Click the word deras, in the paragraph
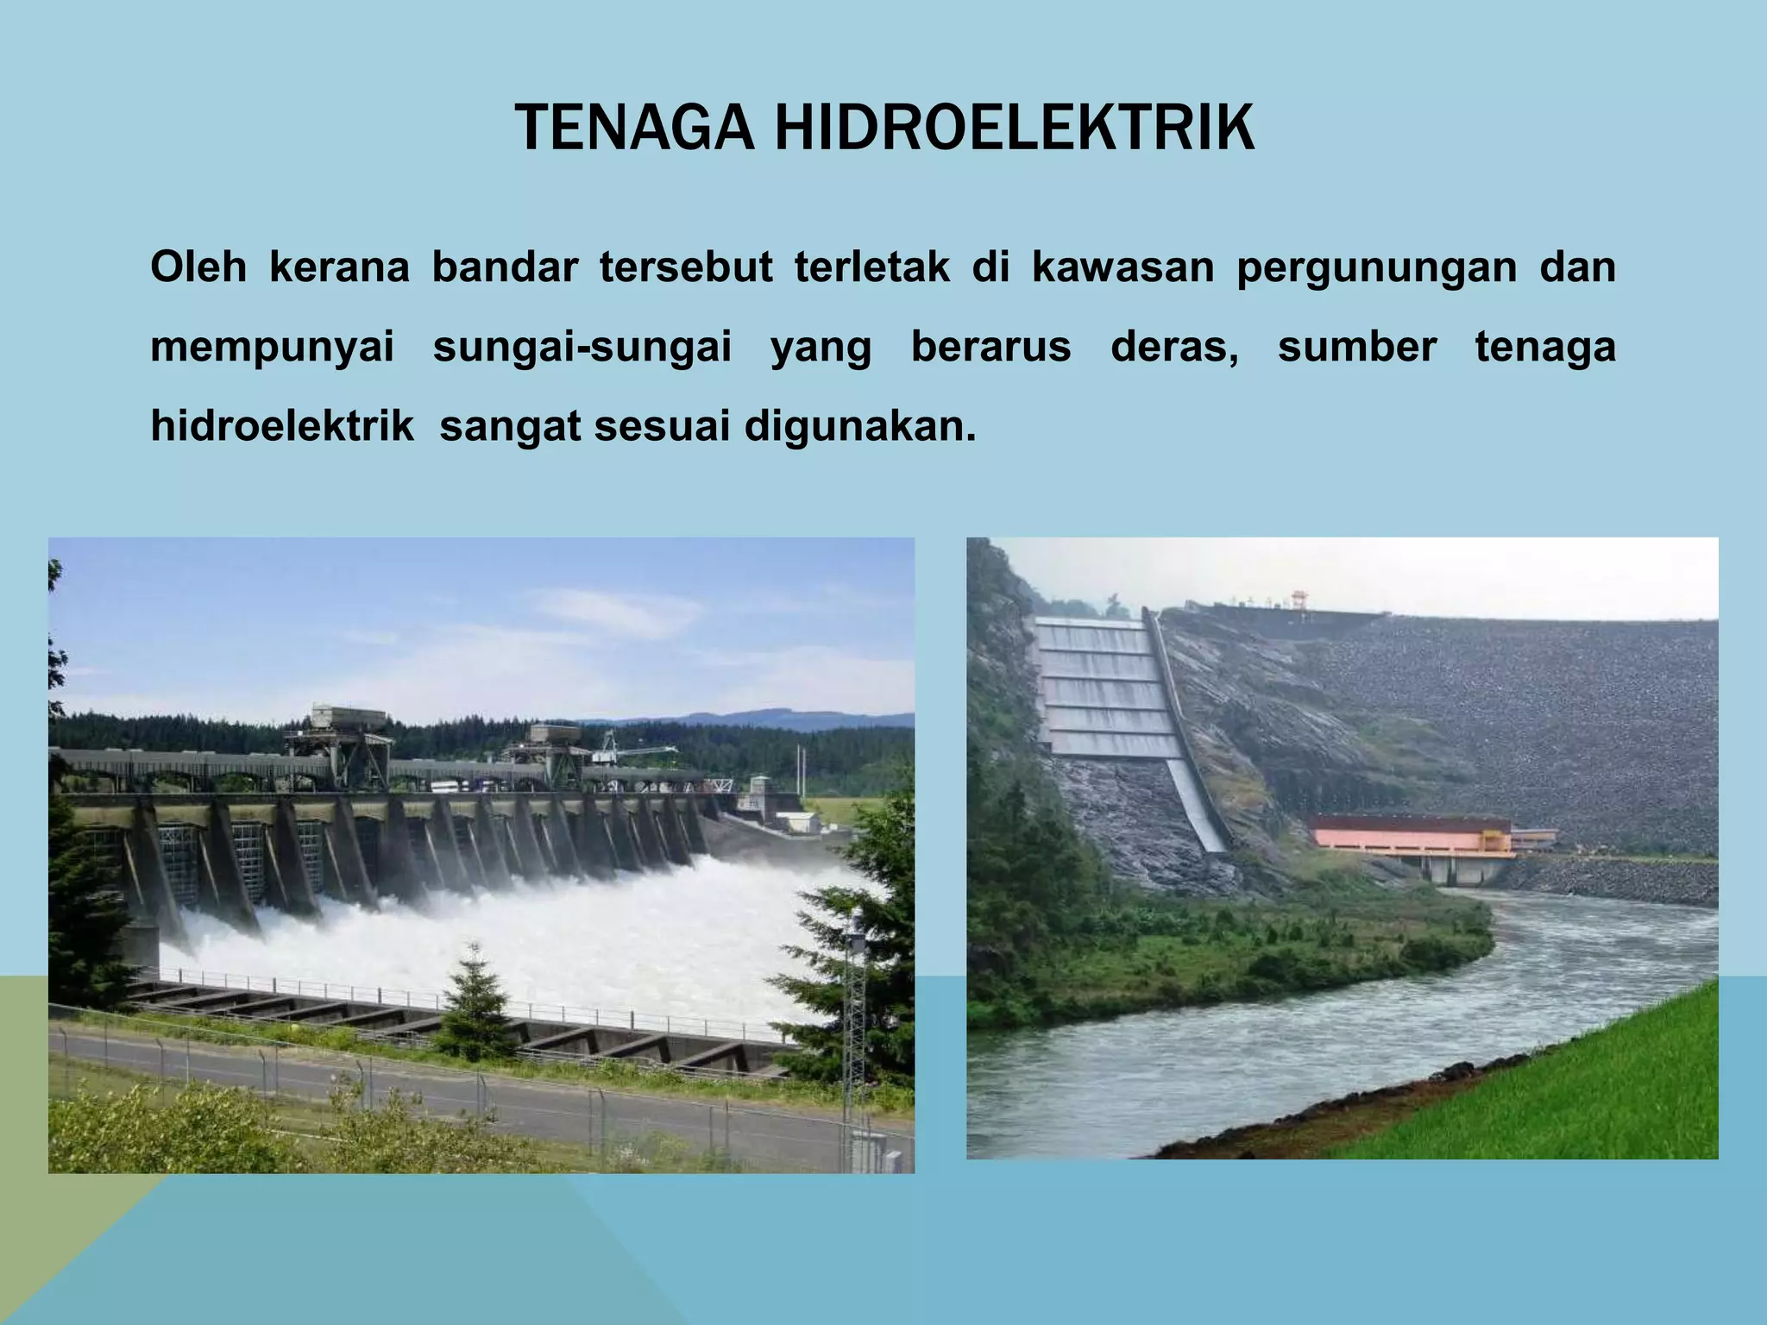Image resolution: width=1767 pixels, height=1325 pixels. (1173, 347)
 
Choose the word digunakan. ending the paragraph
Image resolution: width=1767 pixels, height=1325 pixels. (860, 427)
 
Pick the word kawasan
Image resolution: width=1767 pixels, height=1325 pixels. (1122, 267)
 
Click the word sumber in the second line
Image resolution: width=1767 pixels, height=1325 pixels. (1356, 347)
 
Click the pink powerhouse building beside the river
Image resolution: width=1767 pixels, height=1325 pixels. (1411, 836)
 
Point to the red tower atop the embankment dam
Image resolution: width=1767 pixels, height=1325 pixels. (1299, 599)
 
